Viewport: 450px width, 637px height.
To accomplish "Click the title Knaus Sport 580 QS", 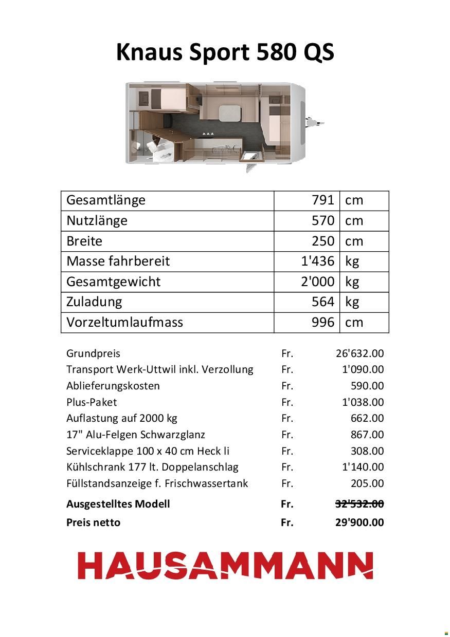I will [225, 52].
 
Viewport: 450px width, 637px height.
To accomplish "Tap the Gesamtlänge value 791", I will [323, 200].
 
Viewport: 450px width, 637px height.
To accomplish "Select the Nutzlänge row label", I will [97, 221].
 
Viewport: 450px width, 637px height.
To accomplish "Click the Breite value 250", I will [323, 241].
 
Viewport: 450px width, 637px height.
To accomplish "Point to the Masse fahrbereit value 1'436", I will [317, 261].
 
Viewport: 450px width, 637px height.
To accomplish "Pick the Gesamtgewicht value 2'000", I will [317, 282].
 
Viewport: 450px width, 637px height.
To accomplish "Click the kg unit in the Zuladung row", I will [352, 302].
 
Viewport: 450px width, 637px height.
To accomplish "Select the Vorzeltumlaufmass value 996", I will [323, 323].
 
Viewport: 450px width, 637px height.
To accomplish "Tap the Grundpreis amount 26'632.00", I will [359, 353].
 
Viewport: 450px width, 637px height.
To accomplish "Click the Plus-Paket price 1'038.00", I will [363, 402].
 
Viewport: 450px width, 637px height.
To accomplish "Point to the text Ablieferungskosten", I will [113, 386].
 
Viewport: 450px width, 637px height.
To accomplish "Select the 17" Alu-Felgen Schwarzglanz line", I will [136, 435].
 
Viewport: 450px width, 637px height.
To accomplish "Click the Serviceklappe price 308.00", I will [367, 451].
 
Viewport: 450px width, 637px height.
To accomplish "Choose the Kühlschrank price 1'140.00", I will [363, 467].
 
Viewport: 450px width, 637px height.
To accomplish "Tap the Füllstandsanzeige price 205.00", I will [367, 483].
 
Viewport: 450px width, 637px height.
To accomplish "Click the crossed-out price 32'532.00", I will [359, 504].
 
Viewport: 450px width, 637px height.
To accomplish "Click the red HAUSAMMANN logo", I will [225, 566].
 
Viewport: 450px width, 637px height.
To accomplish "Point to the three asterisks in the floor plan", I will [208, 134].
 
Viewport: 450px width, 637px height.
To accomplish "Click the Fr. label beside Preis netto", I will [287, 522].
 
